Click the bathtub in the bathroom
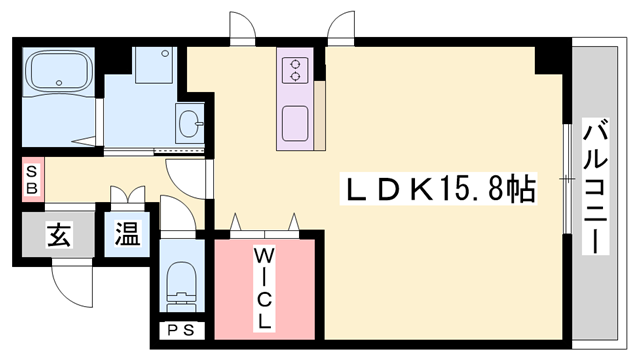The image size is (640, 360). (58, 73)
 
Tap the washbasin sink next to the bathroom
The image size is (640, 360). (190, 125)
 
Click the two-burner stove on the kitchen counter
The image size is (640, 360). (297, 69)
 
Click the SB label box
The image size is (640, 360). (31, 179)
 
